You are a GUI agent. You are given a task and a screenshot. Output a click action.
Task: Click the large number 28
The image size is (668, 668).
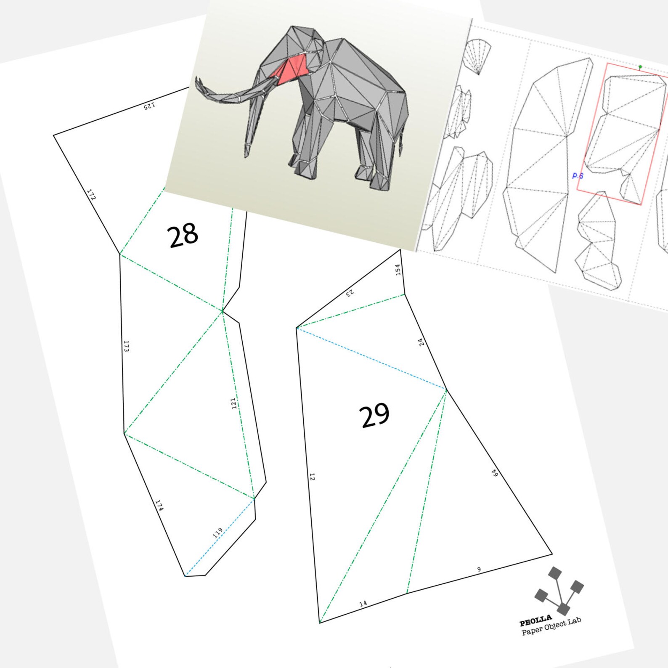pyautogui.click(x=183, y=235)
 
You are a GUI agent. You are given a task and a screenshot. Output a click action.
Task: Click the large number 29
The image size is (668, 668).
pyautogui.click(x=374, y=416)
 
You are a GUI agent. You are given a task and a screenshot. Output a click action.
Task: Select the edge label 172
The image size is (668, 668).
pyautogui.click(x=91, y=194)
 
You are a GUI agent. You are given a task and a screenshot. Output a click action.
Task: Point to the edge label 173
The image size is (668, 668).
pyautogui.click(x=126, y=346)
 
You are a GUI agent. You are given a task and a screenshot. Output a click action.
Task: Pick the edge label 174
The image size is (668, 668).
pyautogui.click(x=159, y=505)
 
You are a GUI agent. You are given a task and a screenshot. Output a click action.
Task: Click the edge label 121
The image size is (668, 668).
pyautogui.click(x=234, y=403)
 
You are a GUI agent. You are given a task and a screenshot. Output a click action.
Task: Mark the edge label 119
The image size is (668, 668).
pyautogui.click(x=217, y=533)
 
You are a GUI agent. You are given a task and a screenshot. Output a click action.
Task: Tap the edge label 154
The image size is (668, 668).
pyautogui.click(x=398, y=270)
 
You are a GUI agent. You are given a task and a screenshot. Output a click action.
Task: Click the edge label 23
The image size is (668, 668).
pyautogui.click(x=350, y=293)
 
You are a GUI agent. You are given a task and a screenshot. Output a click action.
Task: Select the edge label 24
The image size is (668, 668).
pyautogui.click(x=421, y=342)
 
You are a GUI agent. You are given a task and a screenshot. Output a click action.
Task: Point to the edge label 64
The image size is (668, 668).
pyautogui.click(x=495, y=473)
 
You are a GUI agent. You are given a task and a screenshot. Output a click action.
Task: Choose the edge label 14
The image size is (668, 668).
pyautogui.click(x=363, y=604)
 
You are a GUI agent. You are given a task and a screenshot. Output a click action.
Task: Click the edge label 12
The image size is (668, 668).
pyautogui.click(x=312, y=477)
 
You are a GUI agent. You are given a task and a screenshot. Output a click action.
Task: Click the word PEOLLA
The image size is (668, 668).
pyautogui.click(x=535, y=620)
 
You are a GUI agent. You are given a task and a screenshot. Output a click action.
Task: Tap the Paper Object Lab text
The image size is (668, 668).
pyautogui.click(x=551, y=626)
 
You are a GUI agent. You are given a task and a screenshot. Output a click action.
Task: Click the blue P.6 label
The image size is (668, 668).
pyautogui.click(x=578, y=176)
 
